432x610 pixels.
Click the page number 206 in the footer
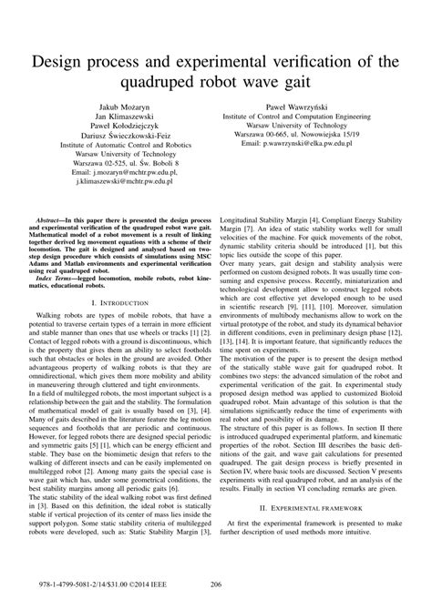pyautogui.click(x=216, y=585)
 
